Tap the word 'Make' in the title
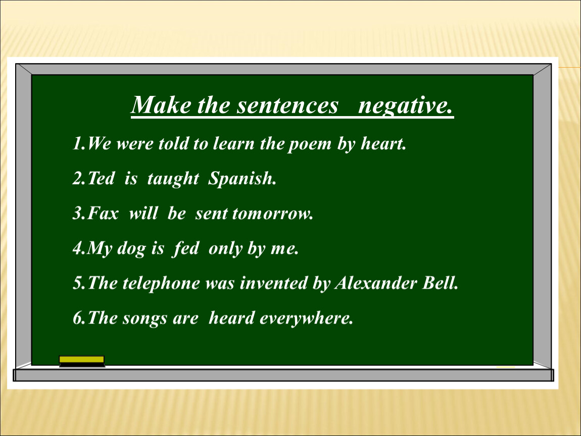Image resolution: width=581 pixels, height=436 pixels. (162, 105)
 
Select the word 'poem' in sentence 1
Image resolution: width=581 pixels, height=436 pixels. (310, 144)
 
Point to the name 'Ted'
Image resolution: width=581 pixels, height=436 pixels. (101, 178)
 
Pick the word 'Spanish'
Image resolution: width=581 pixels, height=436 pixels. (242, 179)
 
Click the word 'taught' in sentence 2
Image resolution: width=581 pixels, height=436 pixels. (173, 179)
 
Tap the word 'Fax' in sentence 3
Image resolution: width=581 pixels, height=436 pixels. (103, 213)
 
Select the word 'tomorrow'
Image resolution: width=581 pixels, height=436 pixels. (272, 214)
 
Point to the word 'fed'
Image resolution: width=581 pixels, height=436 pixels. (186, 248)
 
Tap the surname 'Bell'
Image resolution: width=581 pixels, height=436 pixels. (440, 283)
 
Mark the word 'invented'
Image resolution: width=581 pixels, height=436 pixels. (273, 283)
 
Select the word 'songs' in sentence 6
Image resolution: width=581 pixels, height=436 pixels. (145, 318)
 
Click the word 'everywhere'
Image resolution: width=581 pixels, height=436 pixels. (306, 318)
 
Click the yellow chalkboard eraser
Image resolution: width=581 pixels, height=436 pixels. (82, 361)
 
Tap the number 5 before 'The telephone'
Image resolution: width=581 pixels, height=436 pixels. (78, 283)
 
